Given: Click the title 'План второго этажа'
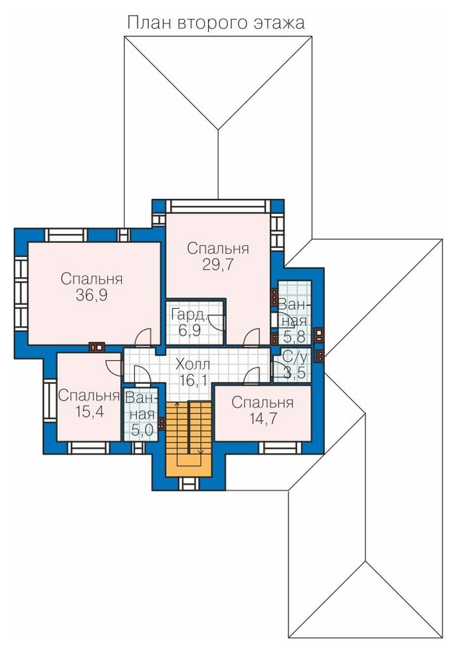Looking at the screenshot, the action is click(x=216, y=22).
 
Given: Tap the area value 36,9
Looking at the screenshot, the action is click(x=92, y=295).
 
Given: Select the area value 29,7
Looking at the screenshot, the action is click(x=218, y=265).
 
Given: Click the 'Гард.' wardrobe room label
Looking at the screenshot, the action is click(x=189, y=315).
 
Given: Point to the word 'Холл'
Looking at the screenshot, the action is click(x=193, y=365).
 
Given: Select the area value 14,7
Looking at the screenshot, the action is click(x=262, y=418).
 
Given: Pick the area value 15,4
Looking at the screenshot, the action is click(x=90, y=411).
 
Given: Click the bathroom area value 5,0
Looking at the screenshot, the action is click(x=142, y=430).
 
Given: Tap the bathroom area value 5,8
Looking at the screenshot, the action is click(x=295, y=335).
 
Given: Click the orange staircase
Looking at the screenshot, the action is click(x=189, y=439).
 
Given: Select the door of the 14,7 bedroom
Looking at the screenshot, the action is click(x=251, y=375).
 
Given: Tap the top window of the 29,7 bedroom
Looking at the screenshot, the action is click(x=219, y=206).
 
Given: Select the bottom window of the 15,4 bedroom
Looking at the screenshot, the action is click(x=89, y=447).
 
